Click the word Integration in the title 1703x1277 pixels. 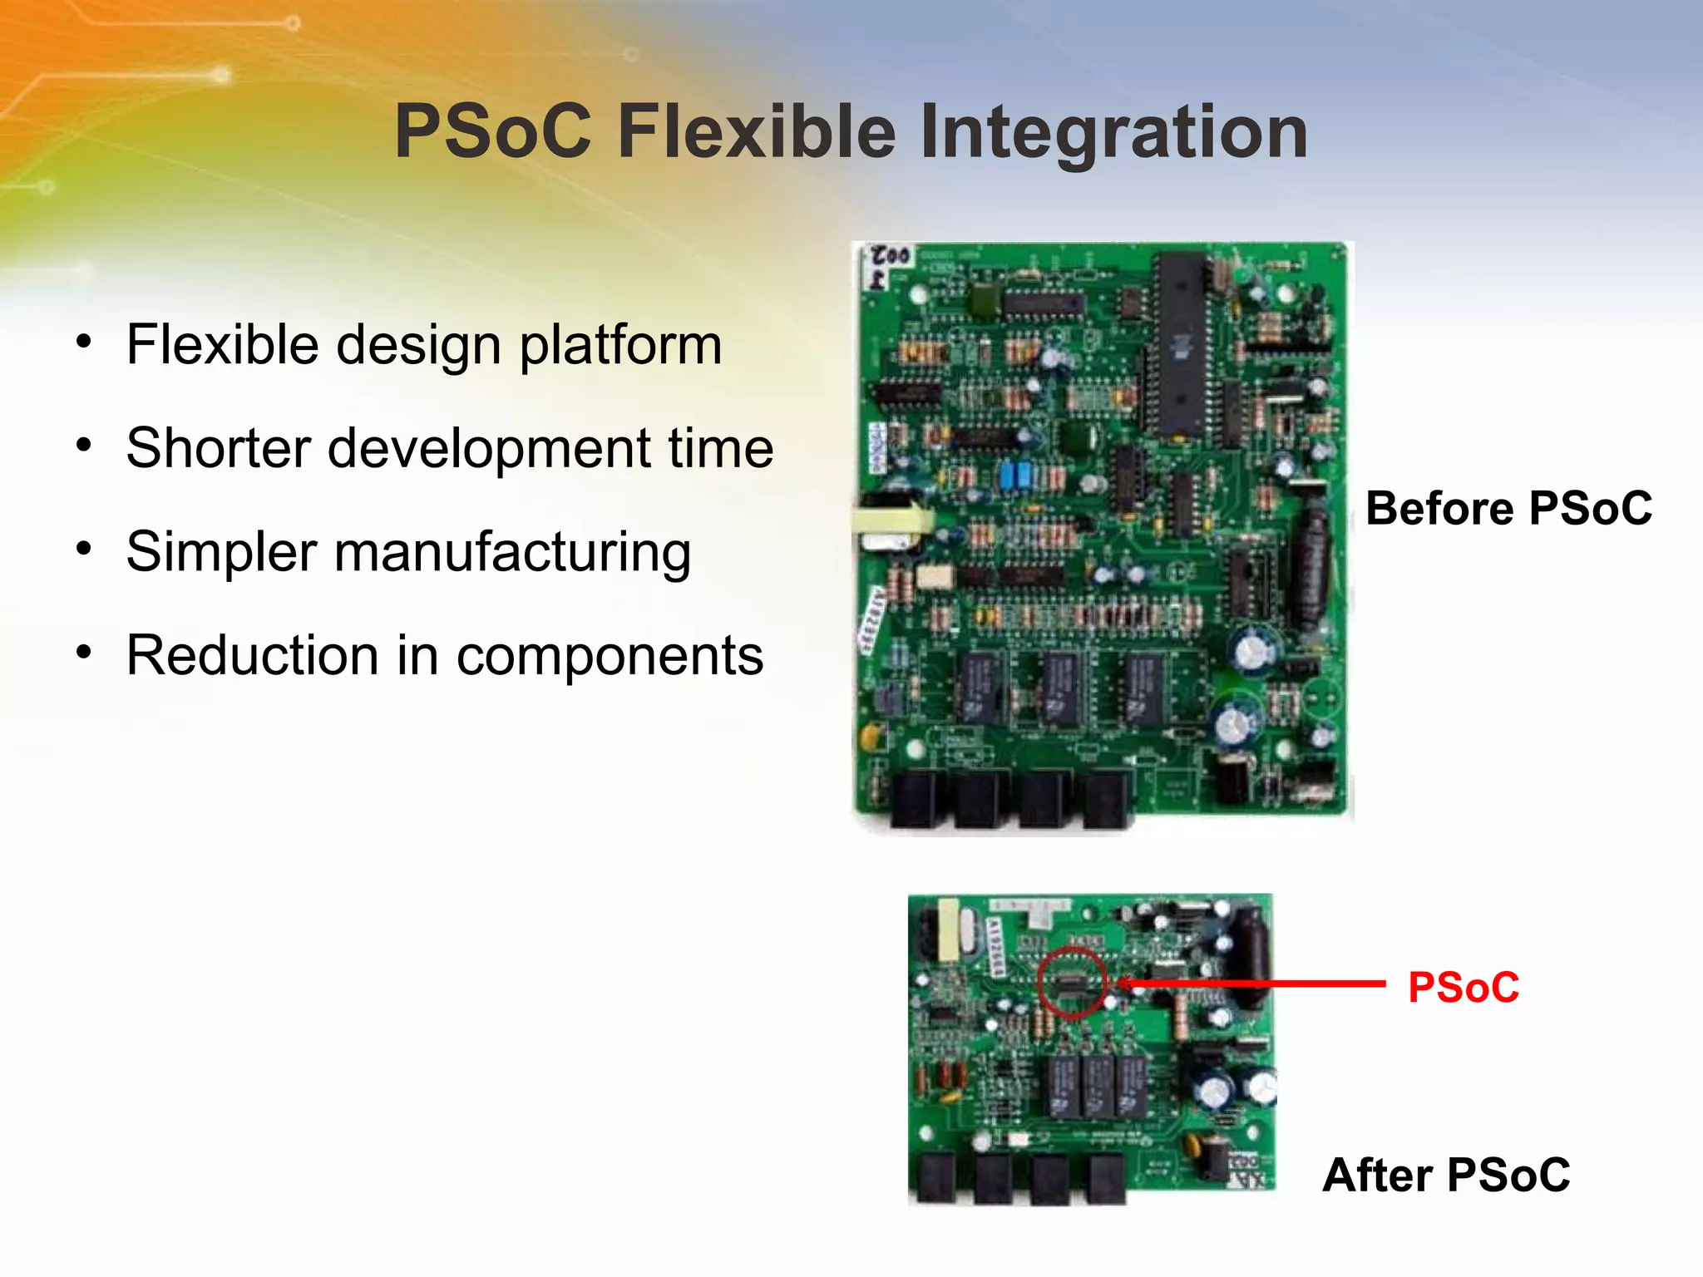(1114, 133)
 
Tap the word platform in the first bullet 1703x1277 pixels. (620, 346)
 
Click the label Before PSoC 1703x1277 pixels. (1508, 508)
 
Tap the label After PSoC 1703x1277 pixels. (1446, 1175)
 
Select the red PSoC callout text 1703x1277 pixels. (1464, 988)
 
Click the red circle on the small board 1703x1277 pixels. (1073, 982)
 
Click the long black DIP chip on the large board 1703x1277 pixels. (1179, 345)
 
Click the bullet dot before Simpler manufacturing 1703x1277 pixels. (83, 549)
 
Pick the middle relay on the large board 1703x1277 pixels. (1060, 688)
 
